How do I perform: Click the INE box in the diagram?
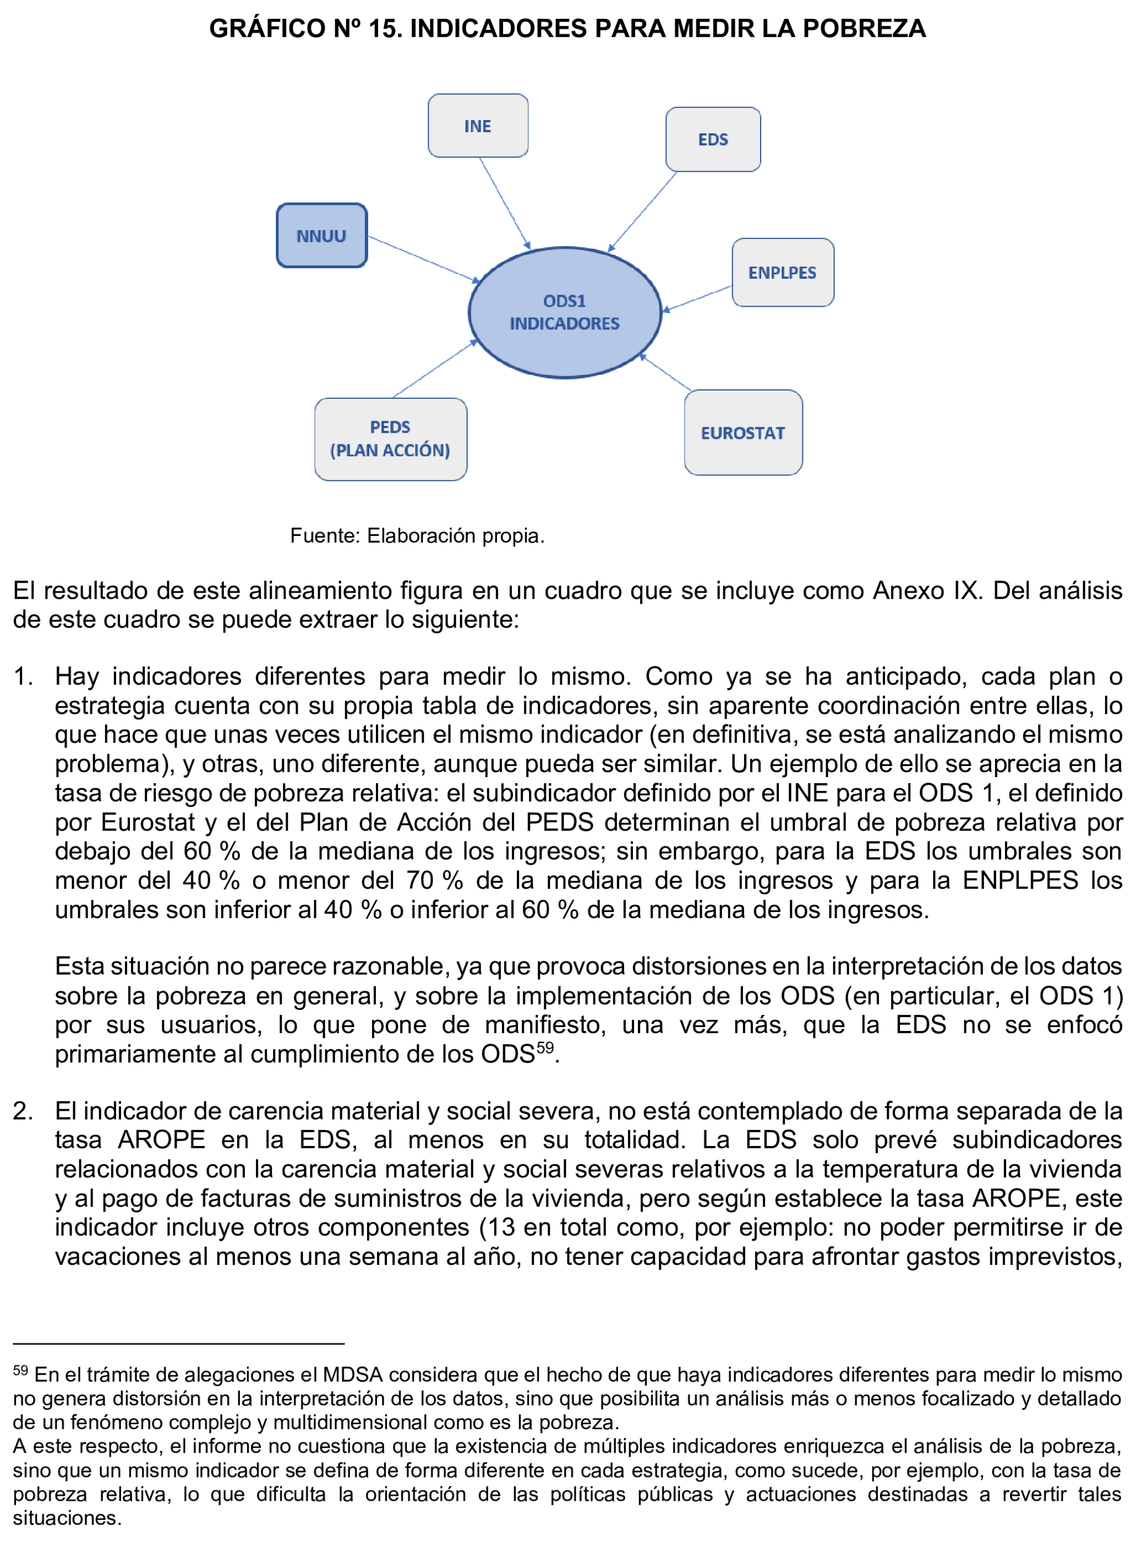(478, 126)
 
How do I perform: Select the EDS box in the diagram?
(712, 139)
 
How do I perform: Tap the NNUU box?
(321, 236)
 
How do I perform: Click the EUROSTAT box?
(743, 433)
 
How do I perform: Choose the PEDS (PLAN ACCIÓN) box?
(390, 439)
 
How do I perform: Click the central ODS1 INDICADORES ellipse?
(564, 312)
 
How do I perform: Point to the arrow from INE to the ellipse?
(504, 202)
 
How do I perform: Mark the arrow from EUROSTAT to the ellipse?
(666, 373)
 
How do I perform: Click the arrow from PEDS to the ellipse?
(435, 369)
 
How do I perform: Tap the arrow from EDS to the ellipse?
(643, 211)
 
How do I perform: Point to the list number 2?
(22, 1111)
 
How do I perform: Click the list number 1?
(22, 677)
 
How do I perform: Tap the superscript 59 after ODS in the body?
(545, 1048)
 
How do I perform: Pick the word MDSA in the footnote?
(352, 1375)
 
